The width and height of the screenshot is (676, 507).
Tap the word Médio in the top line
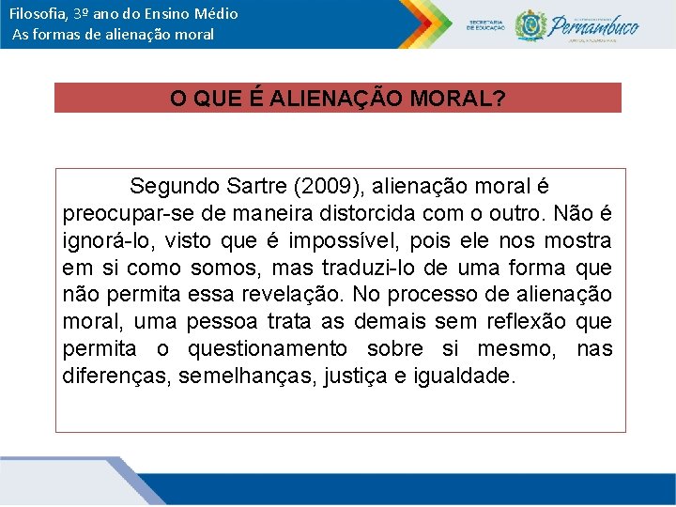215,14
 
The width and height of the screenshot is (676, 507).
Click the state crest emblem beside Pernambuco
530,24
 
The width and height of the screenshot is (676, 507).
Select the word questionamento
268,349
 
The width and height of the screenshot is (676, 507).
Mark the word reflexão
526,322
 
